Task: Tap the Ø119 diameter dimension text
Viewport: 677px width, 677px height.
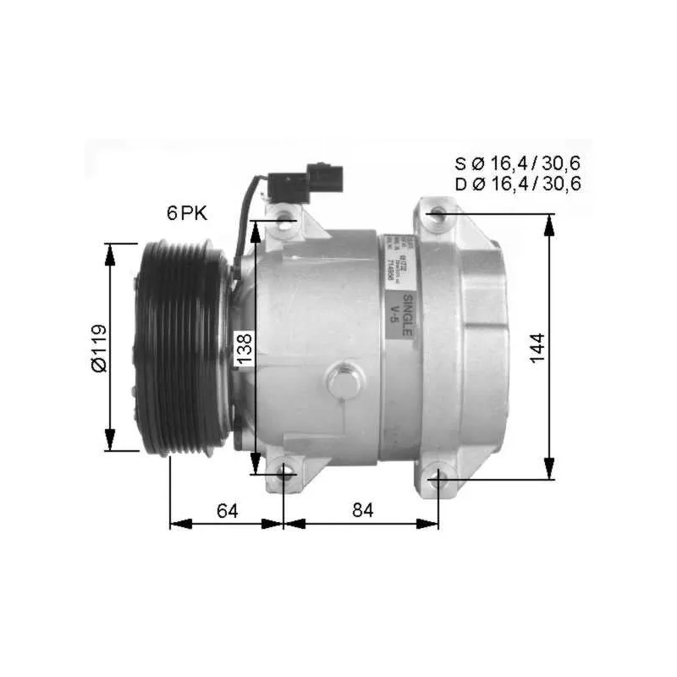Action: pos(99,347)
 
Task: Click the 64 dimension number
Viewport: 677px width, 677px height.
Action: pos(227,510)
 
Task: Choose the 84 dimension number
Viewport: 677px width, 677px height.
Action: pos(361,510)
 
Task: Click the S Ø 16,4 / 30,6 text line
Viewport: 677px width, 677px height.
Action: pos(517,164)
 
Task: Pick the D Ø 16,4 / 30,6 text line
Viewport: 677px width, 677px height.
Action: pos(517,184)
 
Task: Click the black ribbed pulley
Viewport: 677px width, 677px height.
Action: pos(180,347)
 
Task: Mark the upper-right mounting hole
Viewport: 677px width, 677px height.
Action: pos(436,214)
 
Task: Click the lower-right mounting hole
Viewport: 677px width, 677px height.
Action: pos(436,479)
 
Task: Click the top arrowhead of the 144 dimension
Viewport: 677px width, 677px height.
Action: pos(551,222)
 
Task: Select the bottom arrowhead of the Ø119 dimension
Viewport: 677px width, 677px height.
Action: pos(110,443)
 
